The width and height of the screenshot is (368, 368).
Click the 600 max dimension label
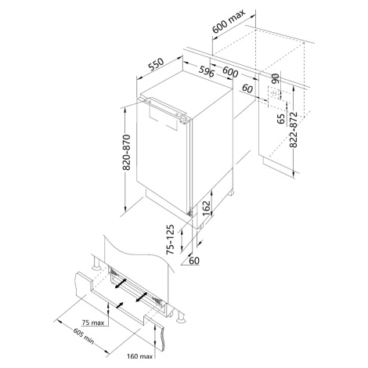tap(229, 21)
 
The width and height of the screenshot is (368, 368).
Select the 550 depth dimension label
tap(157, 64)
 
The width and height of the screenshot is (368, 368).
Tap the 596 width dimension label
tap(207, 71)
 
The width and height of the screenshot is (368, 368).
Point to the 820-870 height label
tap(127, 152)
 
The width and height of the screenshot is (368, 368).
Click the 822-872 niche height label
tap(294, 130)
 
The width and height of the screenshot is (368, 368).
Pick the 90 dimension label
tap(276, 78)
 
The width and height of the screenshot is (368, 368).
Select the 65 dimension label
tap(281, 119)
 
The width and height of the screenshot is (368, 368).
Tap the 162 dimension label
tap(207, 208)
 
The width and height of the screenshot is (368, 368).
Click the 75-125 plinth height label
tap(170, 240)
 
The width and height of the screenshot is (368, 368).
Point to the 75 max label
tap(93, 323)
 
